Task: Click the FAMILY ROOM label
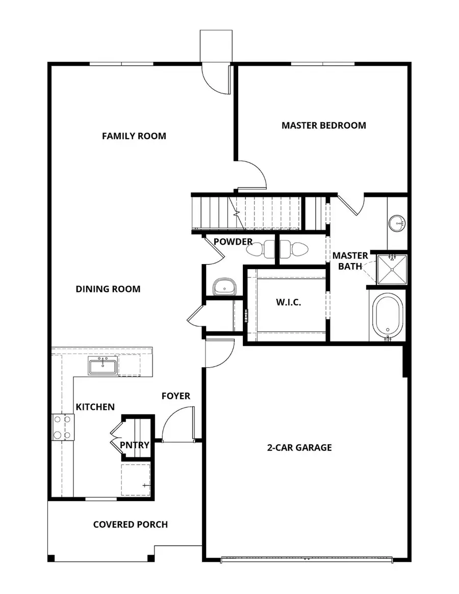134,136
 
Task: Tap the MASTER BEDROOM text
323,125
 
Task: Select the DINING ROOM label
108,289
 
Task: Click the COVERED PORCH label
130,524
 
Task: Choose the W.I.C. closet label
289,302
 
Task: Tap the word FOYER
176,396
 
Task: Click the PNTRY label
135,445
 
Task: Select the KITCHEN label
95,407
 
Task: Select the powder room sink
223,287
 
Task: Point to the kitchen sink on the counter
104,366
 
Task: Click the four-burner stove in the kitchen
63,427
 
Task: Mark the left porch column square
51,558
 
